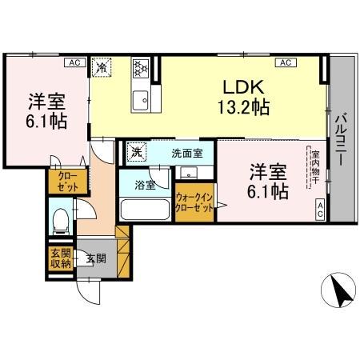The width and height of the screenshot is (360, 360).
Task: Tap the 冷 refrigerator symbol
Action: [x=102, y=68]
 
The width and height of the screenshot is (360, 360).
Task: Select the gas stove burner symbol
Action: [x=142, y=68]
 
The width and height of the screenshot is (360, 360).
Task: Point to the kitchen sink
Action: [x=141, y=100]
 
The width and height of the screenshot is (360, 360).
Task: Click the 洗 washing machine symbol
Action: [x=137, y=152]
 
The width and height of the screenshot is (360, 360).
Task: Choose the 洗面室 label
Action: [x=186, y=153]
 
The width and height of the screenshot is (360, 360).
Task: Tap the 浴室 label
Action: [x=145, y=185]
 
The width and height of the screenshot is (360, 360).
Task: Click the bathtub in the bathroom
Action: [x=144, y=210]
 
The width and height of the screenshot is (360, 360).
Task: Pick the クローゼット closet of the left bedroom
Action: [x=62, y=182]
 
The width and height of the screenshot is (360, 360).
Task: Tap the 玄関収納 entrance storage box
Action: [x=61, y=258]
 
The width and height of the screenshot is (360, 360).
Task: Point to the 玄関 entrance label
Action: [x=96, y=258]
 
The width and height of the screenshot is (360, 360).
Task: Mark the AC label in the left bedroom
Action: [x=73, y=62]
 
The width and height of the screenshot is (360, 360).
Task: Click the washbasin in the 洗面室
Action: [x=188, y=171]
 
